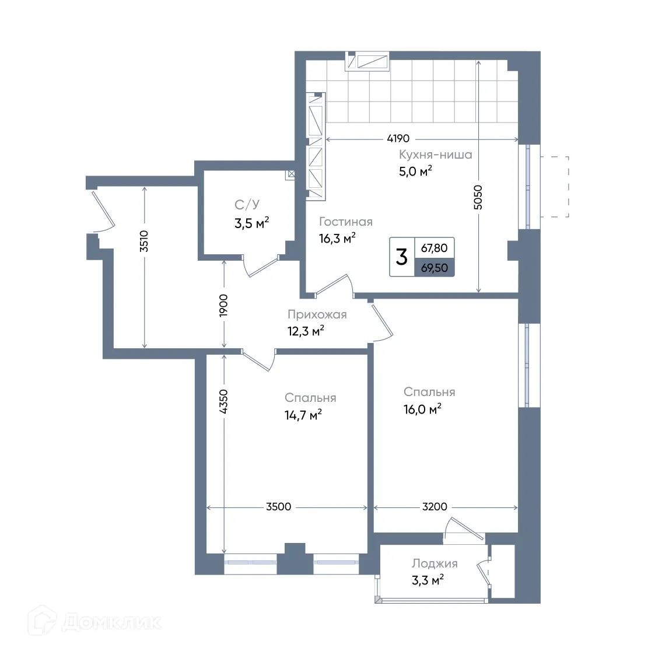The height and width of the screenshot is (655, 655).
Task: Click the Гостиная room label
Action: point(345,222)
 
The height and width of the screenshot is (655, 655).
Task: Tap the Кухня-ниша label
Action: point(435,155)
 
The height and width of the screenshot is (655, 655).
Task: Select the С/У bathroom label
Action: point(247,205)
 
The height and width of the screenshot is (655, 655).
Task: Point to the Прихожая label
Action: point(317,314)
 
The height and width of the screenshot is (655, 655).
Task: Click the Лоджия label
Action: point(435,563)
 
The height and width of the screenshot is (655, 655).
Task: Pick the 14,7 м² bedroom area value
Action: point(303,415)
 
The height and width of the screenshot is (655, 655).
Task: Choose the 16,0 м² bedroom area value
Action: point(422,409)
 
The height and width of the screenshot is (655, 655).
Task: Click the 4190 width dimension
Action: point(398,138)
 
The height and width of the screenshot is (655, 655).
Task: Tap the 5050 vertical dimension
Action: point(478,197)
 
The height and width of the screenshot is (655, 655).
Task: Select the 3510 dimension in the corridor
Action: point(144,241)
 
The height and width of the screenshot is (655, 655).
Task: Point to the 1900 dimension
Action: point(224,306)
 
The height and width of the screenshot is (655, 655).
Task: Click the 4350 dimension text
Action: point(224,401)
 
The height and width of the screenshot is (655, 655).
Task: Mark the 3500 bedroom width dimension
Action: point(279,507)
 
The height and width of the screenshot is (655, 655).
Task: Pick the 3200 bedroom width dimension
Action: point(435,507)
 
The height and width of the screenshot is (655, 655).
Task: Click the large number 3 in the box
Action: point(401,257)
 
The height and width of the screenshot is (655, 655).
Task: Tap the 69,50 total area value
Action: point(435,268)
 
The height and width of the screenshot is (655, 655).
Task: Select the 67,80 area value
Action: point(435,248)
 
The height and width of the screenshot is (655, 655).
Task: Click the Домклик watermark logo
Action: point(94,622)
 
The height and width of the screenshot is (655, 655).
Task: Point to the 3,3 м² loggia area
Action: point(428,580)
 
